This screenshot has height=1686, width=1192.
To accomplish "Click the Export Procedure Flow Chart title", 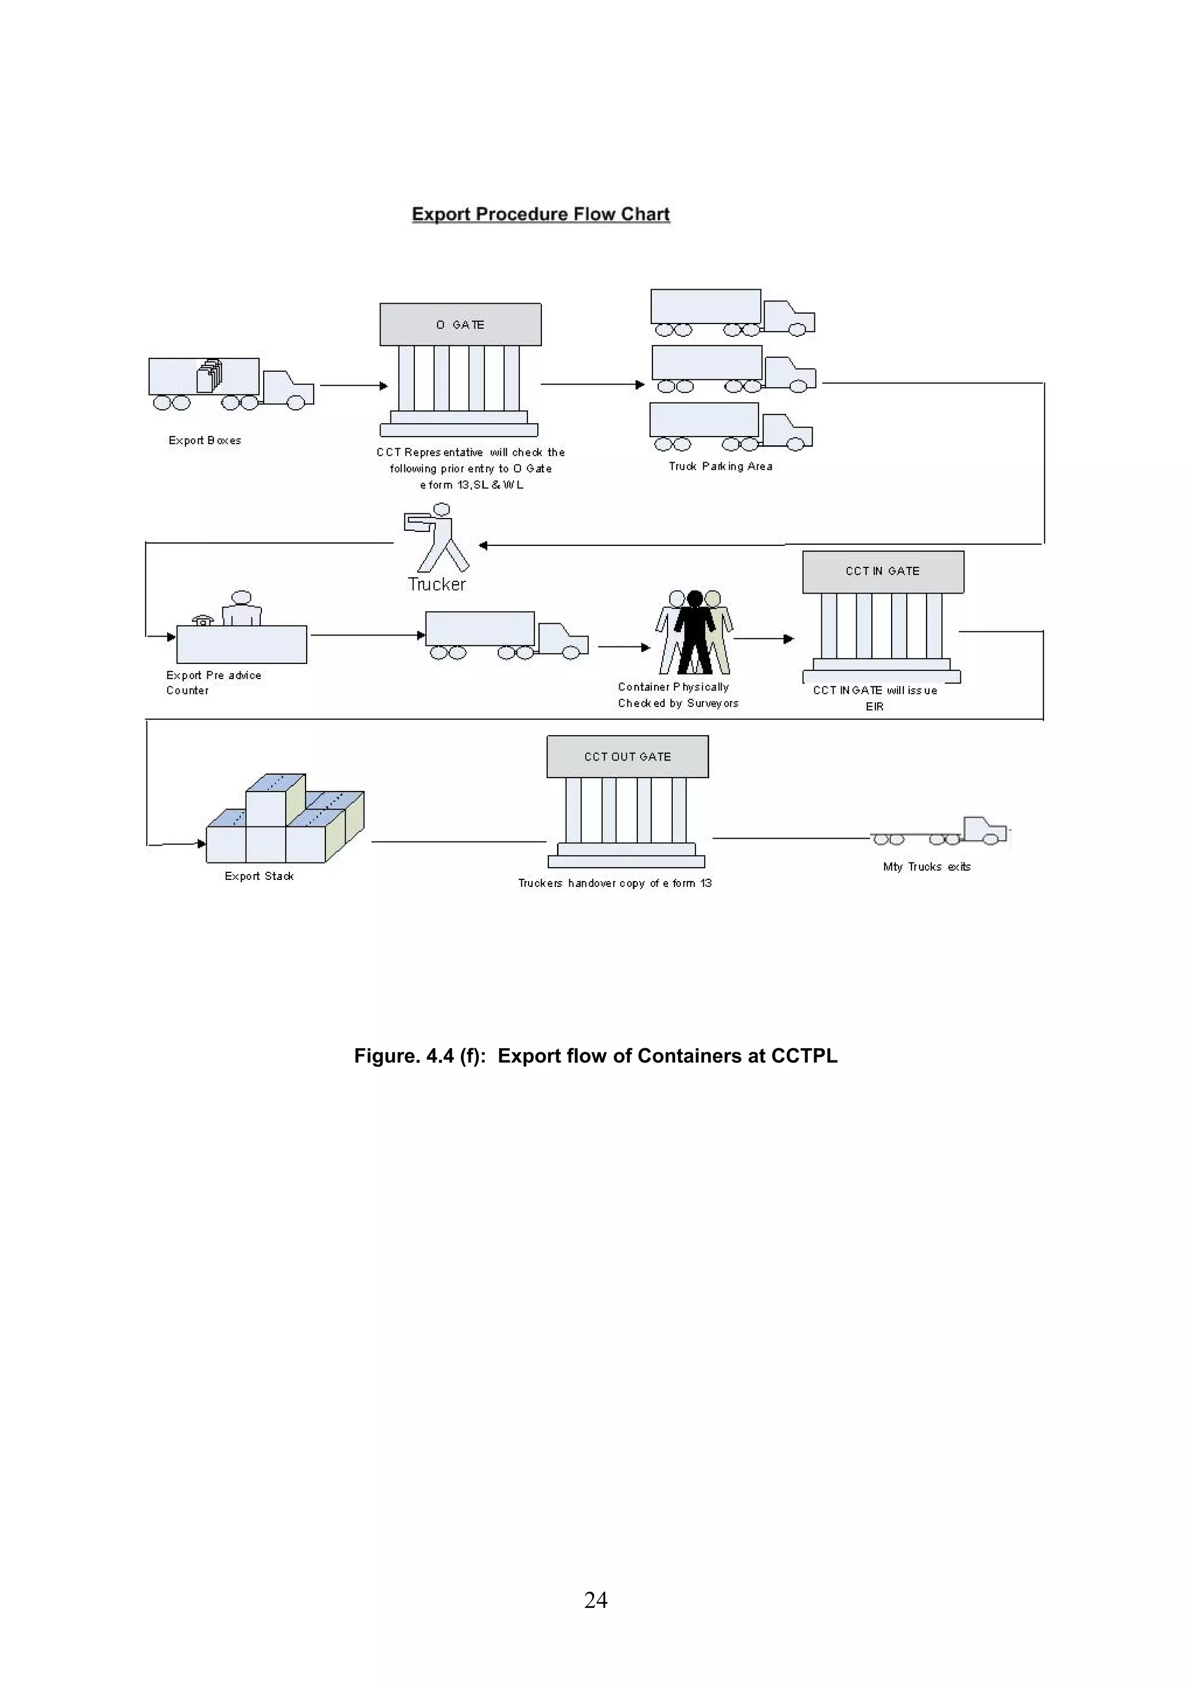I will click(541, 214).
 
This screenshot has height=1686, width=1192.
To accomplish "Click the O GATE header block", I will click(460, 325).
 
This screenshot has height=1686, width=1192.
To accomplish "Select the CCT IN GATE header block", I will click(883, 572).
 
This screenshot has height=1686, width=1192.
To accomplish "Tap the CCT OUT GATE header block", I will click(627, 757).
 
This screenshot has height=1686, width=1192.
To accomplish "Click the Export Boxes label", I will click(205, 441).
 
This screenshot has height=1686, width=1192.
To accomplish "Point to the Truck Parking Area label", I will click(721, 466).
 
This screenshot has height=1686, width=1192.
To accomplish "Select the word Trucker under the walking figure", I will click(437, 584).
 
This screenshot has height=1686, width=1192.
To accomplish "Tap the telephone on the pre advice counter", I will click(203, 620).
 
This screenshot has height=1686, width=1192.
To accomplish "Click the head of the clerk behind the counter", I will click(242, 598).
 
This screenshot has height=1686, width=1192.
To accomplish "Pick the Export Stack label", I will click(259, 876).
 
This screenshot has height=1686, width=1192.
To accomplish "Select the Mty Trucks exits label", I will click(927, 867).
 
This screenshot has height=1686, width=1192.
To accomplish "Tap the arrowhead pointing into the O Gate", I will click(384, 385).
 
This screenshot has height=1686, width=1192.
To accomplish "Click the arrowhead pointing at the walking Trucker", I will click(483, 545).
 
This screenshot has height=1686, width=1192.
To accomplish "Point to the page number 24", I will click(595, 1599).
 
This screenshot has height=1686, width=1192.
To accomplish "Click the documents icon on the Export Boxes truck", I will click(210, 376).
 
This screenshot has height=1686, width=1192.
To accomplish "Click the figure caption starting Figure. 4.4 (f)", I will click(595, 1056).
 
